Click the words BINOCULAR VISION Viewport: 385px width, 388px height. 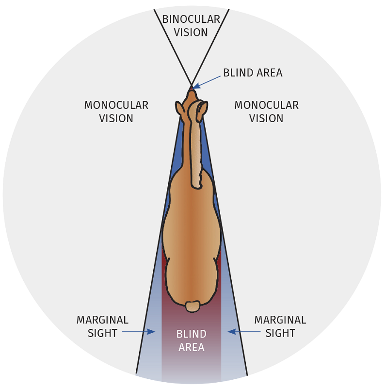[x=191, y=26]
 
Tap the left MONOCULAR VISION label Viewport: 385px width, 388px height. [x=116, y=112]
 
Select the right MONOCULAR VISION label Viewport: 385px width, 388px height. [x=266, y=112]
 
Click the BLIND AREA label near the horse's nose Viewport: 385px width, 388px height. [x=253, y=73]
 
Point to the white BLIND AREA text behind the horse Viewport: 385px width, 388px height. [x=191, y=340]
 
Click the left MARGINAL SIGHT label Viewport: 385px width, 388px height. [x=102, y=326]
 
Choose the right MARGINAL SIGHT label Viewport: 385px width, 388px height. [x=280, y=326]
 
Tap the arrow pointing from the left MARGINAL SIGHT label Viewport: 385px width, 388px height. [x=138, y=332]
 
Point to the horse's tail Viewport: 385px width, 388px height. [x=192, y=306]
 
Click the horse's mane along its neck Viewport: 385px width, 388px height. [x=196, y=145]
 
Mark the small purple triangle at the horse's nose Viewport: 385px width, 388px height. [x=192, y=87]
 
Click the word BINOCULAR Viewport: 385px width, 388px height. [x=191, y=19]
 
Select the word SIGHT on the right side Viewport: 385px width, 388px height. [x=280, y=333]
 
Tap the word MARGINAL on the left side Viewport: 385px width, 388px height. [x=102, y=320]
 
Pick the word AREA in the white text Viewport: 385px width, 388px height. [x=191, y=347]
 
